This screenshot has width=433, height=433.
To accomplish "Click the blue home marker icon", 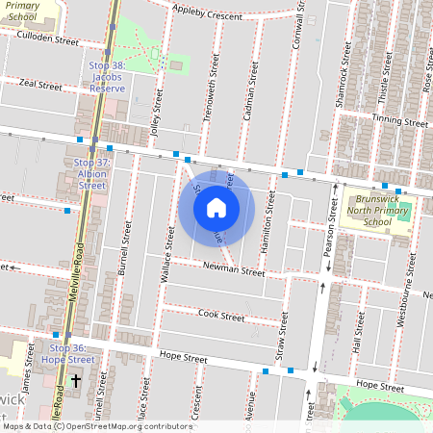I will pyautogui.click(x=216, y=207).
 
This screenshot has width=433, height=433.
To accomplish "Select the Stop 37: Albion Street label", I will pyautogui.click(x=90, y=175).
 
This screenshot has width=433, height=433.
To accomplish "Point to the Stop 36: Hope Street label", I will pyautogui.click(x=72, y=353).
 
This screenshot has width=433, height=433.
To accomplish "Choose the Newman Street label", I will pyautogui.click(x=233, y=270).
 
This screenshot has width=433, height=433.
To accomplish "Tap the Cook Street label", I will pyautogui.click(x=221, y=315).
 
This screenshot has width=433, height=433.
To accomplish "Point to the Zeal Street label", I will pyautogui.click(x=40, y=86).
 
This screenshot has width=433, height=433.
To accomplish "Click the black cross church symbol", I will pyautogui.click(x=76, y=395).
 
